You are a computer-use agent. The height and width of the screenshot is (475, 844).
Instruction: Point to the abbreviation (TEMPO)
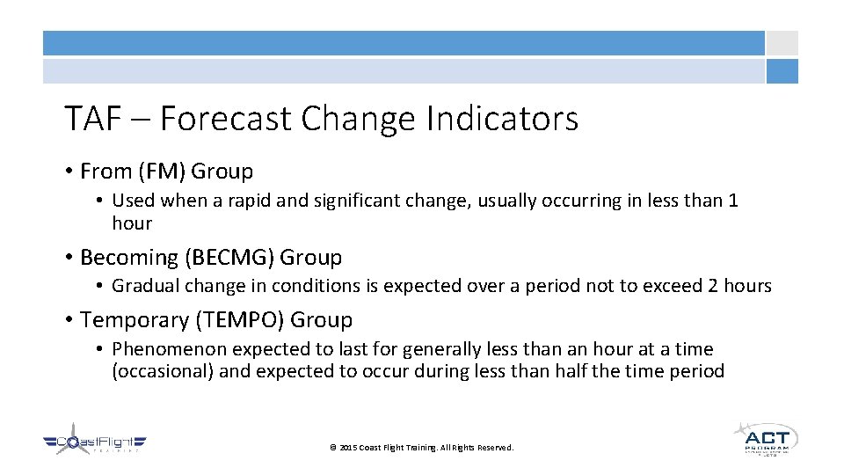[x=240, y=320]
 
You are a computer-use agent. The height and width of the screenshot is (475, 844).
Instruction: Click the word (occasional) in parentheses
[x=163, y=371]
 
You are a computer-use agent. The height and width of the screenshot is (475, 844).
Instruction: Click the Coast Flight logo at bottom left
[x=95, y=444]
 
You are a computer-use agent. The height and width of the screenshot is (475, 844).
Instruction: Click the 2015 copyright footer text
[x=421, y=448]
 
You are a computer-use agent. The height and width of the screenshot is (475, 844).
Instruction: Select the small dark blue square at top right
[x=782, y=71]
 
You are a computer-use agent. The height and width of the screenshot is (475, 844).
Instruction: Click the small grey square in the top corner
[x=782, y=43]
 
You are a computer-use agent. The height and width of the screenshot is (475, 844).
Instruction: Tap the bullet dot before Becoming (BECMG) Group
[x=68, y=259]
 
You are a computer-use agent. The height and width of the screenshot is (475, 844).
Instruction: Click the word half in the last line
[x=571, y=371]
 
